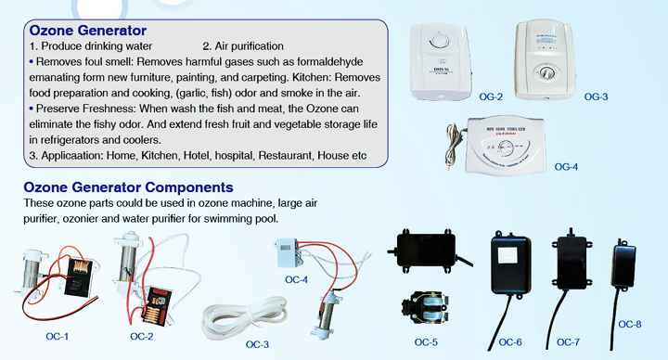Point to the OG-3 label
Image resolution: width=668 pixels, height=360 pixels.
click(x=596, y=96)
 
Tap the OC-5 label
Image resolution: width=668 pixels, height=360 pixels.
click(x=427, y=341)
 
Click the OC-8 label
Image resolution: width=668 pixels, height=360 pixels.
click(x=630, y=324)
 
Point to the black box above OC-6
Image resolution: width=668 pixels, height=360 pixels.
click(x=511, y=264)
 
